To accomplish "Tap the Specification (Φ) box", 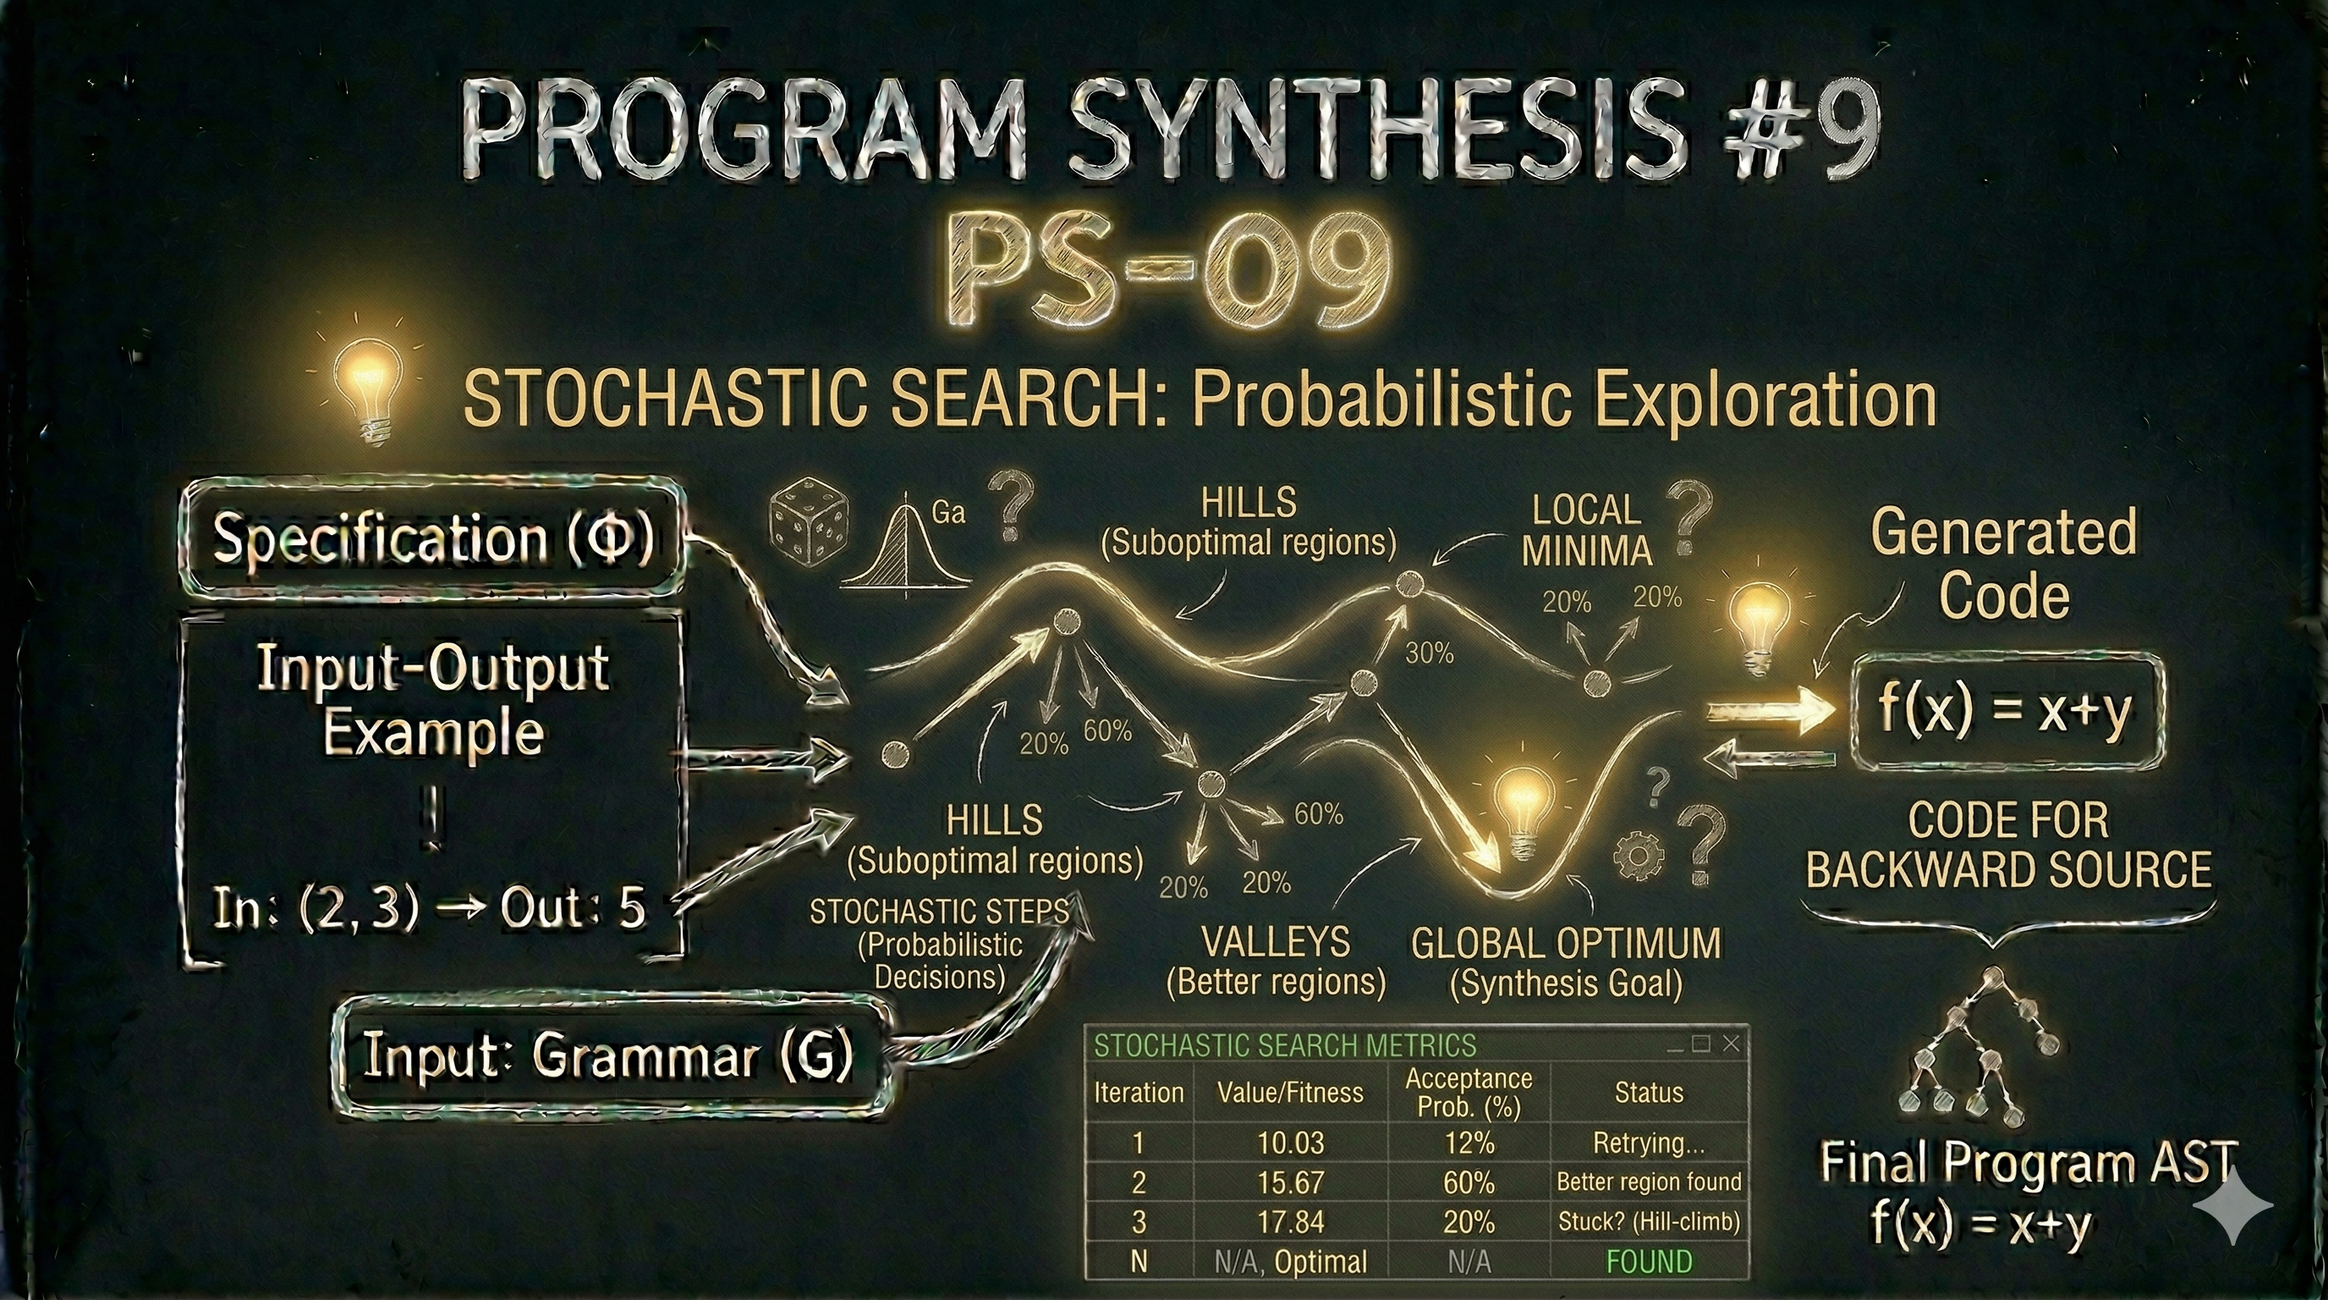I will pyautogui.click(x=432, y=539).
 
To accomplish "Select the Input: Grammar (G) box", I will pyautogui.click(x=607, y=1056).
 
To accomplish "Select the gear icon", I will pyautogui.click(x=1637, y=854).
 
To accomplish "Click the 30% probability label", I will pyautogui.click(x=1429, y=653).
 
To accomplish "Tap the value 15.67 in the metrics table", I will pyautogui.click(x=1291, y=1182).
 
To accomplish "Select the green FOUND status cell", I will pyautogui.click(x=1649, y=1261).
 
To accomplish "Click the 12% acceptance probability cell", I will pyautogui.click(x=1469, y=1143).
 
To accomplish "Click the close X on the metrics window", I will pyautogui.click(x=1731, y=1044).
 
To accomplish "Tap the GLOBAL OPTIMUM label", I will pyautogui.click(x=1565, y=945).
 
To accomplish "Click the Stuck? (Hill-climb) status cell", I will pyautogui.click(x=1649, y=1222).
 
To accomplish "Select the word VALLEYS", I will pyautogui.click(x=1275, y=943).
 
